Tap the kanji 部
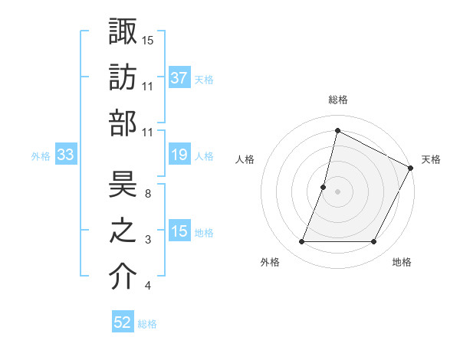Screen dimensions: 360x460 tap(123, 123)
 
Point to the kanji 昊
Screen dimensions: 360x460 tap(123, 185)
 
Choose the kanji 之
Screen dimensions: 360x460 tap(123, 231)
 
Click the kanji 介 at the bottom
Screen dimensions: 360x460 tap(123, 278)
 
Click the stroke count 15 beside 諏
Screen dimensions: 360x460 tap(148, 40)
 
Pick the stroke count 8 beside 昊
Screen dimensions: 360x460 tap(148, 194)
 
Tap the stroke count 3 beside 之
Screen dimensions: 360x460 tap(148, 241)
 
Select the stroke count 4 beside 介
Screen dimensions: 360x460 tap(148, 286)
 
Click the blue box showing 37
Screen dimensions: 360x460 tap(179, 78)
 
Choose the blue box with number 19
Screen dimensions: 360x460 tap(179, 155)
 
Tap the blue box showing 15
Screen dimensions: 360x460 tap(179, 232)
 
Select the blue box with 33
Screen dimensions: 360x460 tap(66, 155)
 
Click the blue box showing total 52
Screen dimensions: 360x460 tap(123, 322)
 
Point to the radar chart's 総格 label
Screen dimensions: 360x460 tap(337, 100)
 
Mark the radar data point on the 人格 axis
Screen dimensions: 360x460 tap(324, 187)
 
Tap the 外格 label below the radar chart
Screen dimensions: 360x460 tap(270, 262)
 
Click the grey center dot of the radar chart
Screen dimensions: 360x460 tap(337, 191)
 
